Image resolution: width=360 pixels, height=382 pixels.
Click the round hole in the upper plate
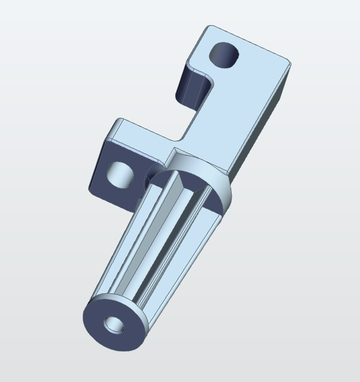pyautogui.click(x=225, y=54)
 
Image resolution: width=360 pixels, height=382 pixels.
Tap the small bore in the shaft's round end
pyautogui.click(x=115, y=326)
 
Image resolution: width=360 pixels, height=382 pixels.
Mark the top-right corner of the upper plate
pyautogui.click(x=290, y=63)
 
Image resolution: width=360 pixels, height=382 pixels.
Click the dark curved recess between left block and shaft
pyautogui.click(x=148, y=175)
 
